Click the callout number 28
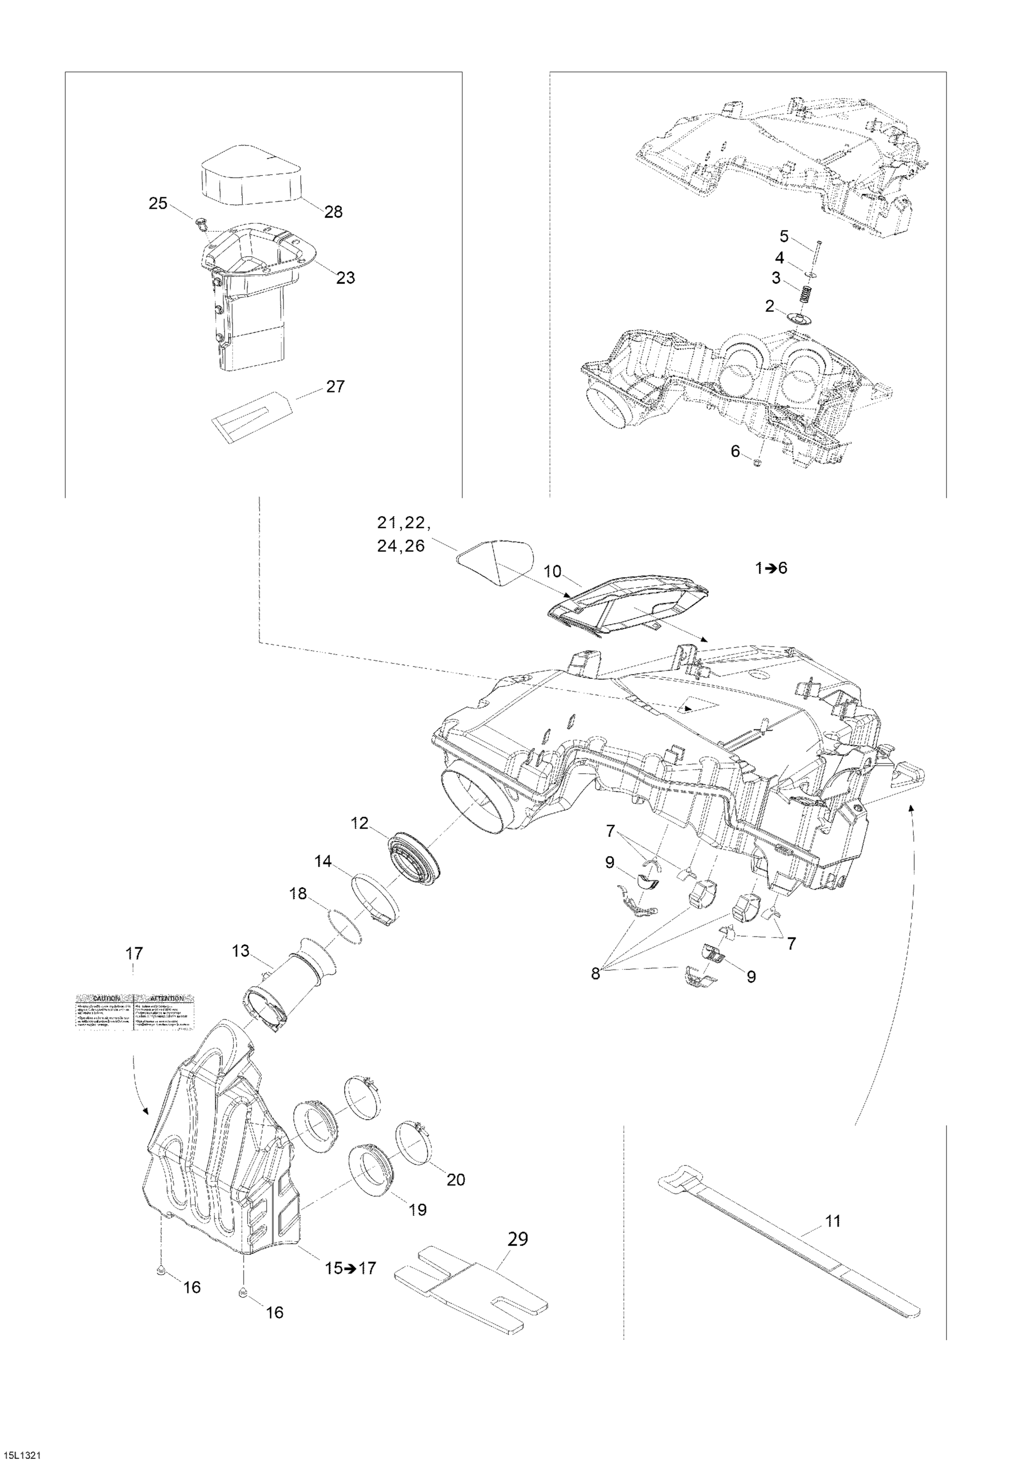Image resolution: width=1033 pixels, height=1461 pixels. (333, 212)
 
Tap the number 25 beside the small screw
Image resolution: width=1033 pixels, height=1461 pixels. (158, 204)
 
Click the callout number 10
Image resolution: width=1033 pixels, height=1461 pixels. (553, 571)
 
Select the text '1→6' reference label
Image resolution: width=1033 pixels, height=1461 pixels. (771, 568)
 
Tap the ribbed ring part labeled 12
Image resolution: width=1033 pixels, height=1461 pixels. (413, 856)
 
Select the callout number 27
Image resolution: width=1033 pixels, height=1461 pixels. (336, 386)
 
